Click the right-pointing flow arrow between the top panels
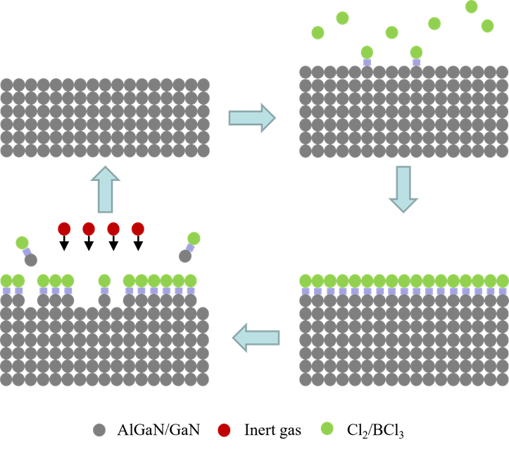click(252, 118)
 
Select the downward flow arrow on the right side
click(403, 189)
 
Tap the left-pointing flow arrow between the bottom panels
click(256, 338)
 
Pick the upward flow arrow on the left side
click(105, 189)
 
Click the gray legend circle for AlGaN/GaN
click(99, 430)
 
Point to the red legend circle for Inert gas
click(224, 430)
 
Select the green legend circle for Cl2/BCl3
click(327, 428)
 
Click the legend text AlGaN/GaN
click(158, 430)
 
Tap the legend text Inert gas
click(272, 430)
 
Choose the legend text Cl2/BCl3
click(375, 431)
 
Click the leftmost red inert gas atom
click(64, 229)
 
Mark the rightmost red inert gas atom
click(138, 229)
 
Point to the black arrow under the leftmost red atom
click(64, 243)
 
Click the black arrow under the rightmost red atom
click(138, 243)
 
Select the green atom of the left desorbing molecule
click(22, 243)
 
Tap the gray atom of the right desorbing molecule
click(185, 256)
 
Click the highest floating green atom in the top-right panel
click(472, 6)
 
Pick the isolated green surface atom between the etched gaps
click(104, 280)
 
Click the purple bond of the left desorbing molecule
click(27, 251)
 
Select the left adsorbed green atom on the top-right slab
click(367, 52)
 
